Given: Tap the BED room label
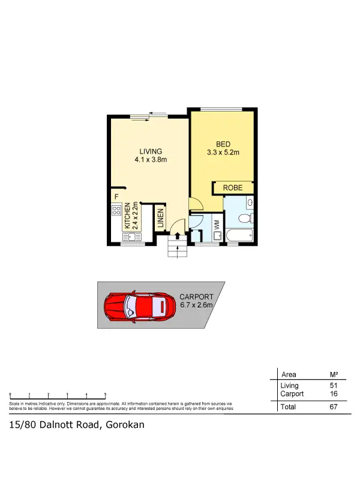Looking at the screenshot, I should [223, 144].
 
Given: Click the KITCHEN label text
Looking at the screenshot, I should [128, 217].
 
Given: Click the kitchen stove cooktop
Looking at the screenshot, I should [116, 211].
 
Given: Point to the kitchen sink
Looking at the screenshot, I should [116, 229].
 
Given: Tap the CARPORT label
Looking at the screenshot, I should [196, 297].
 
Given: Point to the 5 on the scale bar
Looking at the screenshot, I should [105, 394].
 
